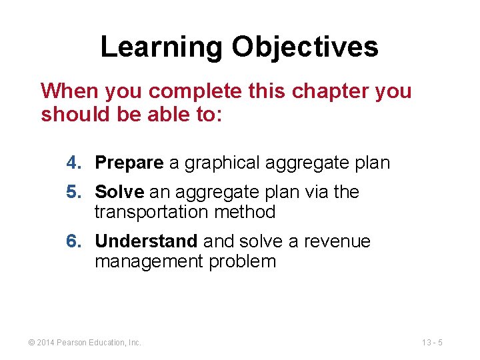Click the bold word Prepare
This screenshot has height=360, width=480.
click(129, 163)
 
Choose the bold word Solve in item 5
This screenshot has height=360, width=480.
click(119, 192)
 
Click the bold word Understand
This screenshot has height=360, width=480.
click(146, 241)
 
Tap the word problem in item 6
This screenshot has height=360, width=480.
click(242, 261)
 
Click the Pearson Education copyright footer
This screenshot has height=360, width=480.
click(85, 343)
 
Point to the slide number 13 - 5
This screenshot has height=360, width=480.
click(432, 343)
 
